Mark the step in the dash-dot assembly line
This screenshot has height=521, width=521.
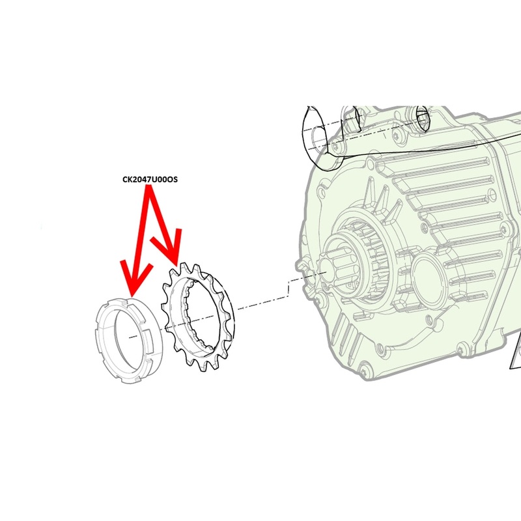[x=287, y=287]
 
